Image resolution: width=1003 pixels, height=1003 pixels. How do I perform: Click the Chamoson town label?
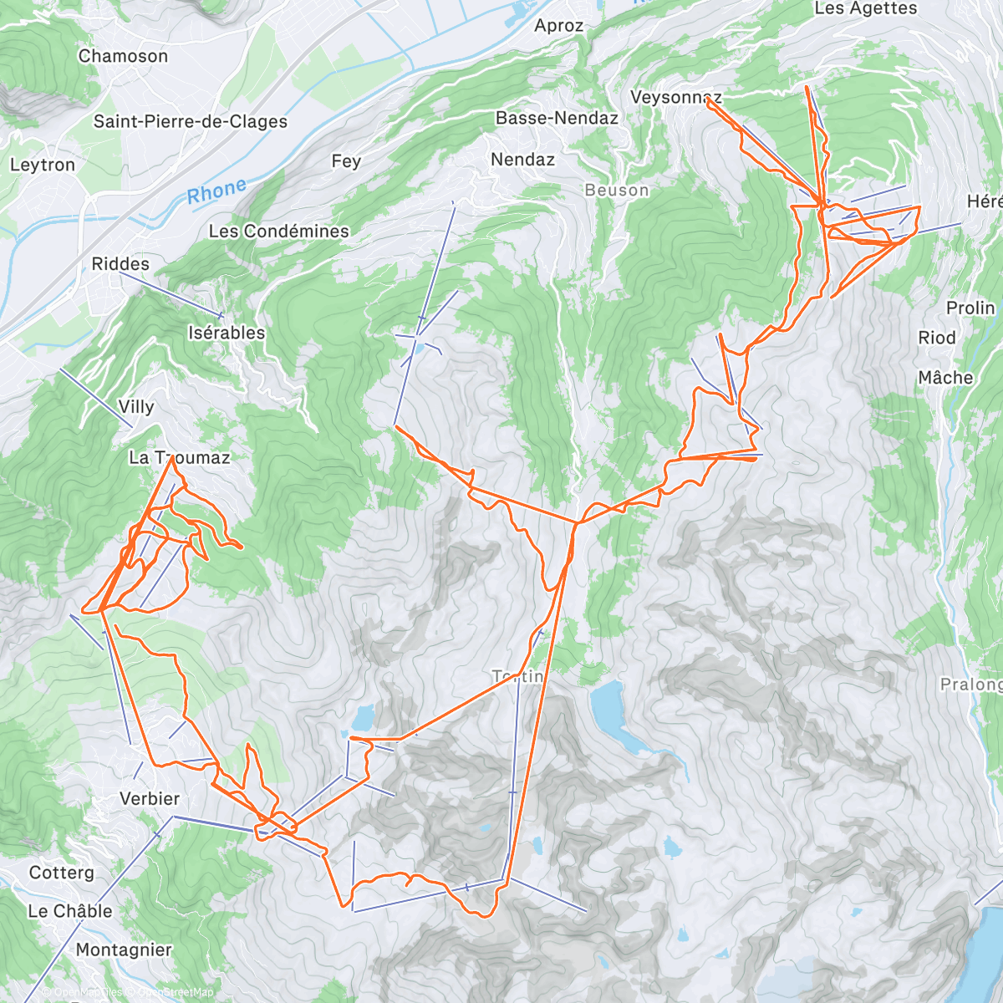[x=123, y=56]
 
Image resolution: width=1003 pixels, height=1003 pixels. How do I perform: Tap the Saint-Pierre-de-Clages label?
[x=190, y=121]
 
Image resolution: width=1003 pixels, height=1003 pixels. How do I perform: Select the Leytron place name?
[x=43, y=165]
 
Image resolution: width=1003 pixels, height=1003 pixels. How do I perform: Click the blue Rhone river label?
[x=216, y=191]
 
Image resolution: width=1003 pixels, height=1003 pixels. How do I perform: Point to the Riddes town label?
[x=120, y=264]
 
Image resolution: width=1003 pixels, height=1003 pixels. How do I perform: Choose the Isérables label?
[x=227, y=333]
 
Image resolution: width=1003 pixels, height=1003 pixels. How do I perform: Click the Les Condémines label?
[x=278, y=231]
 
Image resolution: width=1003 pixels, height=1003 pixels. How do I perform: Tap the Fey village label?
[x=346, y=161]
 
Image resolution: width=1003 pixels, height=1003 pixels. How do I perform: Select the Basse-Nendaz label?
[x=557, y=118]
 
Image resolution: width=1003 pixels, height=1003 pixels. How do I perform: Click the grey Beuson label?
[x=617, y=191]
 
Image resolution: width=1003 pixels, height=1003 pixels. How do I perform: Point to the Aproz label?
[x=558, y=26]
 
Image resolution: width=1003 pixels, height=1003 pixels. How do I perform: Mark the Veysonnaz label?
[x=675, y=97]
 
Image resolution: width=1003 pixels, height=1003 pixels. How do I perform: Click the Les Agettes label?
[x=865, y=8]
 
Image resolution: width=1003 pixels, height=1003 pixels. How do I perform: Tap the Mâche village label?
[x=945, y=378]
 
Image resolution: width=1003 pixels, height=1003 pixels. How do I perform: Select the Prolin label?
[x=970, y=308]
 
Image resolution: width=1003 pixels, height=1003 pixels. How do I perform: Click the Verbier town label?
[x=150, y=799]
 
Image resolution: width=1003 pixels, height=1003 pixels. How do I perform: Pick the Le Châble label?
[x=70, y=911]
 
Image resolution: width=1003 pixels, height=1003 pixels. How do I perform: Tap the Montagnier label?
[x=124, y=950]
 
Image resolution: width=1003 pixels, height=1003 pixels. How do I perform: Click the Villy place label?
[x=136, y=407]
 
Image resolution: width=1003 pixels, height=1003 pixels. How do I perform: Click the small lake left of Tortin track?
[x=363, y=716]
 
